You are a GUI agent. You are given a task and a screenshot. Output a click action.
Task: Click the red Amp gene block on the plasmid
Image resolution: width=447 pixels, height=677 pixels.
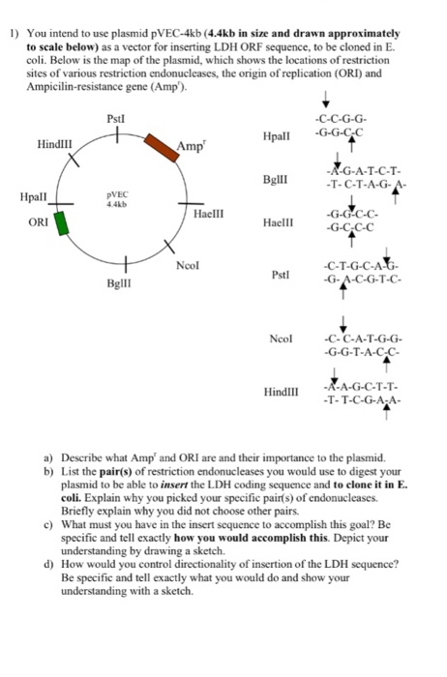coord(160,147)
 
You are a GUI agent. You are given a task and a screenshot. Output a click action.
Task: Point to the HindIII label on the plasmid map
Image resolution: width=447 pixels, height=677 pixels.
coord(55,144)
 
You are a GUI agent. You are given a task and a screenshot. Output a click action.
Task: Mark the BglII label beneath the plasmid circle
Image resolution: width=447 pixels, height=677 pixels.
coord(120,285)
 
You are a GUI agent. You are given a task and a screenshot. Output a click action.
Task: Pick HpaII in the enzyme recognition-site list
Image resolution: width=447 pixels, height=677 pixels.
coord(276,137)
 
